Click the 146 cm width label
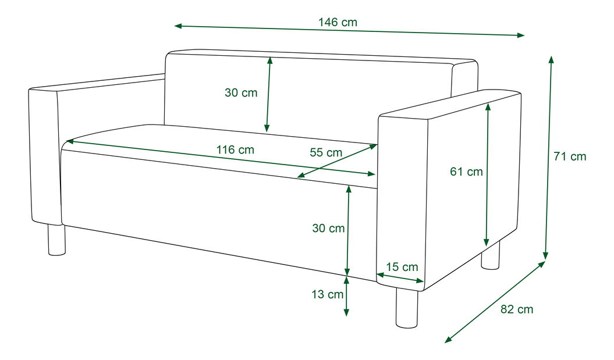point(338,22)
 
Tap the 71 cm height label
point(570,156)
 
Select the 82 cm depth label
point(517,309)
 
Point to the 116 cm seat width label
point(235,149)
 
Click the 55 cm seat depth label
point(326,152)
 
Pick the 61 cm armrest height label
point(466,172)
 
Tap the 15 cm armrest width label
point(402,267)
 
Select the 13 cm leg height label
point(327,294)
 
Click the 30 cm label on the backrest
point(241,92)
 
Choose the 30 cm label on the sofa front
point(328,228)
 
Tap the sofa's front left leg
point(57,240)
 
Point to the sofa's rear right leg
point(491,255)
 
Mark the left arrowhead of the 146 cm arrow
point(178,26)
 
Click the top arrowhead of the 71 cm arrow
point(551,59)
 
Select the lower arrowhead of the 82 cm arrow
point(448,340)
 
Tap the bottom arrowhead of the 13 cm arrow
point(346,312)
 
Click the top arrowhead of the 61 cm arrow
point(488,106)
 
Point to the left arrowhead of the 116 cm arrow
point(70,141)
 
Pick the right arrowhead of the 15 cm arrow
point(421,280)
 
